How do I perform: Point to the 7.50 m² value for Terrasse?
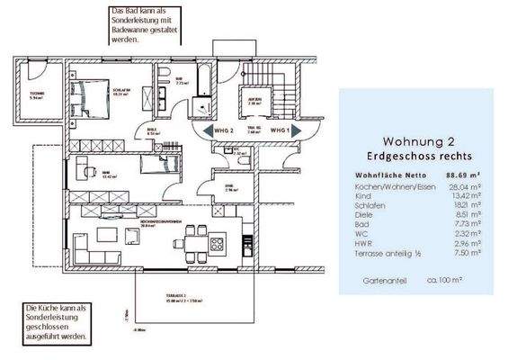point(468,254)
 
